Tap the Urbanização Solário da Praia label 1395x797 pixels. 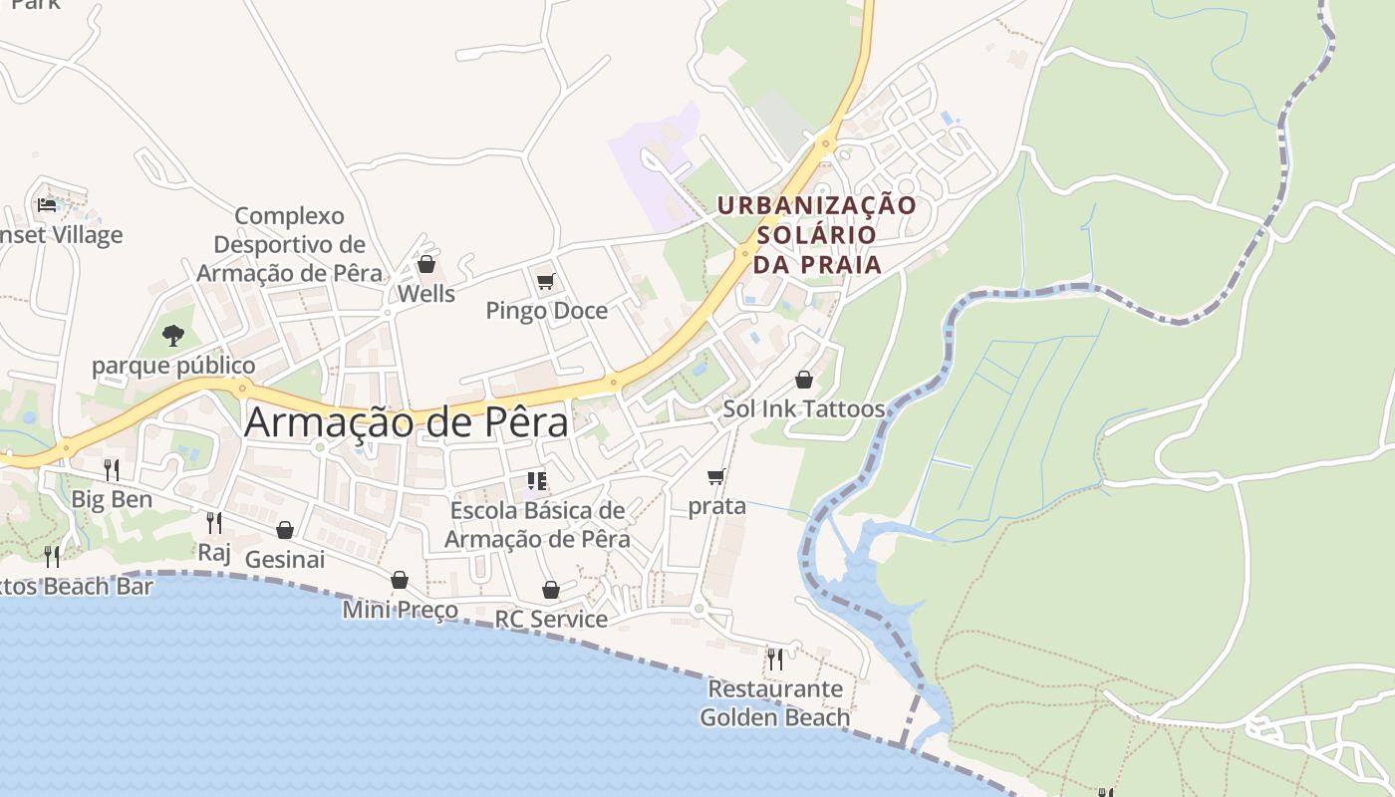[817, 234]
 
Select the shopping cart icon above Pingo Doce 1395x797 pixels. [545, 282]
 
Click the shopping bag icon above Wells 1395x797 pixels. [426, 264]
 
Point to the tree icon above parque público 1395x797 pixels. [173, 336]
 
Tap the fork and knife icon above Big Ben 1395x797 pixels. [112, 469]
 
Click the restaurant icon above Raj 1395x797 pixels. [213, 522]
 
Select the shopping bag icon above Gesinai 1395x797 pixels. [285, 530]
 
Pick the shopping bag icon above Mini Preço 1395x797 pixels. [400, 580]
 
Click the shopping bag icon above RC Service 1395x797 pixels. [551, 590]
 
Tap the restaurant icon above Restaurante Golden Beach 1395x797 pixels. [774, 659]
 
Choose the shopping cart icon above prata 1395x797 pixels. [715, 477]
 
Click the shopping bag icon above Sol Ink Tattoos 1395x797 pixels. [804, 380]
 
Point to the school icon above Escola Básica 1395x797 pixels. [537, 482]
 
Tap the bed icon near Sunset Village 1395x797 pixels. [47, 205]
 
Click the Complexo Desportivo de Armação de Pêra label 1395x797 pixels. [289, 244]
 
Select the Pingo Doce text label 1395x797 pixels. [546, 311]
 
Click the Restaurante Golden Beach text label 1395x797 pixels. [774, 702]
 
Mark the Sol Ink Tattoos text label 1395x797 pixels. [803, 408]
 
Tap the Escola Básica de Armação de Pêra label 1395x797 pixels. [537, 524]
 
